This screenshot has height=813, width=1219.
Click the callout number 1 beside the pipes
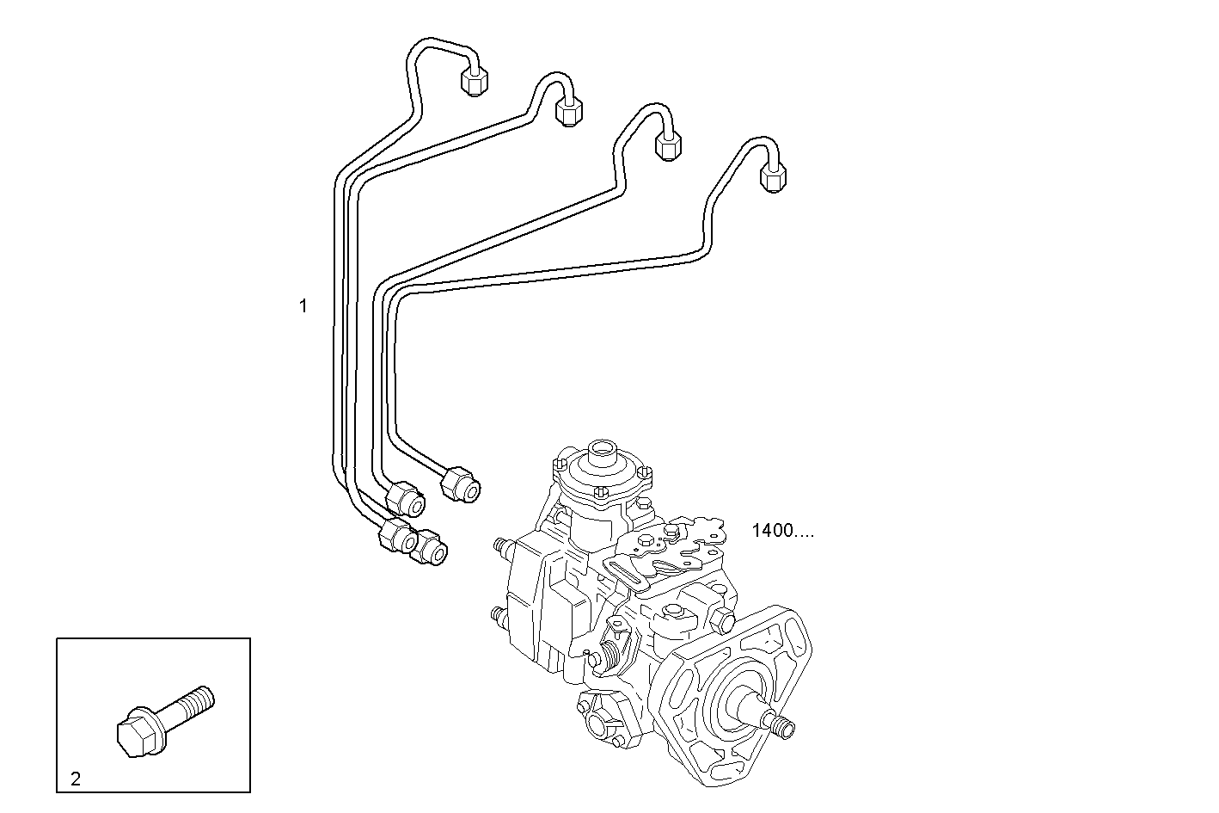tap(303, 305)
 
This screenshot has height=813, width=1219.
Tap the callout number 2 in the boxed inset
tap(76, 779)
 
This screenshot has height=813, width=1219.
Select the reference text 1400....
tap(782, 531)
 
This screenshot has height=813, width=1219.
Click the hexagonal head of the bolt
tap(135, 733)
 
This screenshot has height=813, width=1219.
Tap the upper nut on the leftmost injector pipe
tap(474, 80)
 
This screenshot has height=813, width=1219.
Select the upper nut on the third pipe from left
tap(668, 144)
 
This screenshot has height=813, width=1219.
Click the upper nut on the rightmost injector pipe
tap(774, 177)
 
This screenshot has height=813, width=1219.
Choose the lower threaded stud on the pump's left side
tap(498, 616)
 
